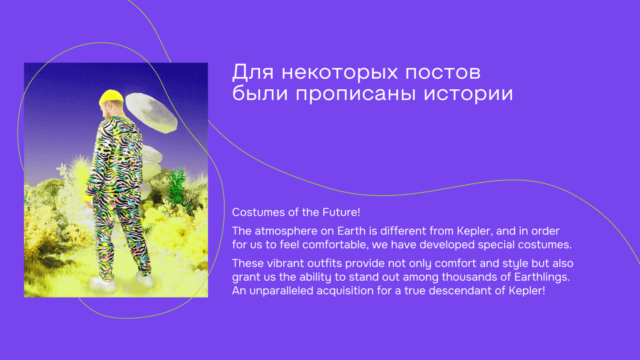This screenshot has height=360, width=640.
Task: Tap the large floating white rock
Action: pyautogui.click(x=151, y=113)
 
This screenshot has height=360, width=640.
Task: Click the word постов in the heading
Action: pyautogui.click(x=443, y=72)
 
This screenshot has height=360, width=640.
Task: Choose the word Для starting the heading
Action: pyautogui.click(x=253, y=72)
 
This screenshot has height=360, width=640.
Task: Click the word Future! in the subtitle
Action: pyautogui.click(x=341, y=212)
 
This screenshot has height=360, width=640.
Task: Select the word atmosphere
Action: pyautogui.click(x=286, y=231)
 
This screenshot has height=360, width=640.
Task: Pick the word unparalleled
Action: pyautogui.click(x=281, y=291)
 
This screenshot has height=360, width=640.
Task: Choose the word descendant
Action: pyautogui.click(x=460, y=291)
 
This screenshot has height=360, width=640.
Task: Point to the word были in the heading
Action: pyautogui.click(x=260, y=93)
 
